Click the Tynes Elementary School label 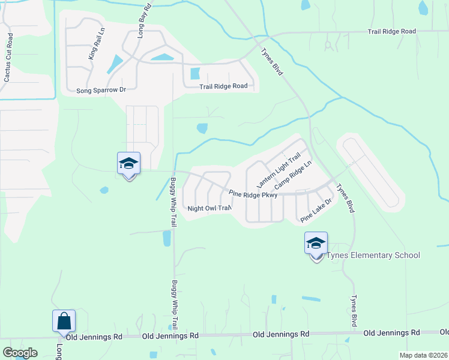click(x=373, y=256)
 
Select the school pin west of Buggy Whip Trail click(x=128, y=164)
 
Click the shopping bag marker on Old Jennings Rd click(x=64, y=322)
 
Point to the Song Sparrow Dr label click(x=101, y=90)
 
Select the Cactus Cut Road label click(x=8, y=58)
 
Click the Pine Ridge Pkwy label click(x=253, y=194)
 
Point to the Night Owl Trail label click(x=209, y=209)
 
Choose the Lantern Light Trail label click(x=278, y=170)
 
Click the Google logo click(x=20, y=353)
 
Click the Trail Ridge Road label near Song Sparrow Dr click(x=223, y=86)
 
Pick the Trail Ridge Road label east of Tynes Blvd click(x=391, y=31)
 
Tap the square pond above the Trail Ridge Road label click(x=194, y=74)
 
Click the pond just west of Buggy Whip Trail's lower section click(x=166, y=239)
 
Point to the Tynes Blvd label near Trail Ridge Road click(x=272, y=61)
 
